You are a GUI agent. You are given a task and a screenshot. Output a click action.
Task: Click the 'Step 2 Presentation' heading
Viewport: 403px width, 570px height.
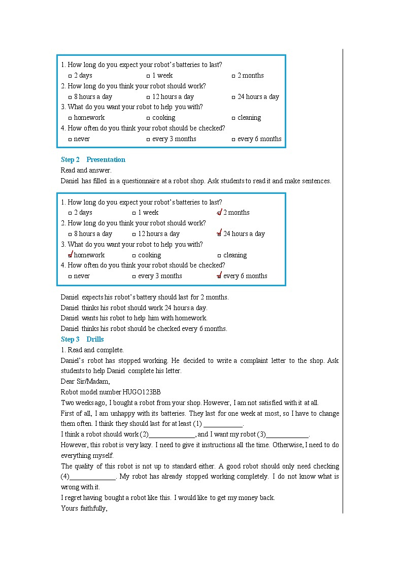[x=93, y=159]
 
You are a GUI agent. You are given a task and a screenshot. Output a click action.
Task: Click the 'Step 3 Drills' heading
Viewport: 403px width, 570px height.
[x=82, y=339]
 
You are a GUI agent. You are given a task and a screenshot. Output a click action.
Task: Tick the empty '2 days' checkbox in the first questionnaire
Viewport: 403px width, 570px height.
[x=70, y=76]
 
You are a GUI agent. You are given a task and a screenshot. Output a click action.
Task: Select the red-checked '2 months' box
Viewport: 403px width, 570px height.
[x=219, y=213]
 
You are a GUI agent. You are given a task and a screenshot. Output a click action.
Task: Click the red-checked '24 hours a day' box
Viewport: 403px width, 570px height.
[x=219, y=234]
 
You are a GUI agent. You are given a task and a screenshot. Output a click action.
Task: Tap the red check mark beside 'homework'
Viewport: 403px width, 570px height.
[x=71, y=255]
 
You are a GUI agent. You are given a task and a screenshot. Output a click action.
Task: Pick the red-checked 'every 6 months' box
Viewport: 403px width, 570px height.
[x=219, y=276]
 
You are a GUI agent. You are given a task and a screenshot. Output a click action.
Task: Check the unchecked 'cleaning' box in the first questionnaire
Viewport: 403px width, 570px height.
[x=233, y=118]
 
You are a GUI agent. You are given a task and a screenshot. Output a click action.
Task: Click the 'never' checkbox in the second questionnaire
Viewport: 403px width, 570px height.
[x=70, y=277]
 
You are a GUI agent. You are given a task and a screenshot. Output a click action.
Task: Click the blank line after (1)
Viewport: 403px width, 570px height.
[x=223, y=424]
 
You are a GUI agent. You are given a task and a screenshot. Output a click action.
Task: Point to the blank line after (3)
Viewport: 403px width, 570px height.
[x=287, y=435]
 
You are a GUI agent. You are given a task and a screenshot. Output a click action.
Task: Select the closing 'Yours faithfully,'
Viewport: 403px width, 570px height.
[x=84, y=508]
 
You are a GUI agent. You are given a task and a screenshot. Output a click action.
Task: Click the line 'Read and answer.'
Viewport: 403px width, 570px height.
[x=86, y=170]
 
